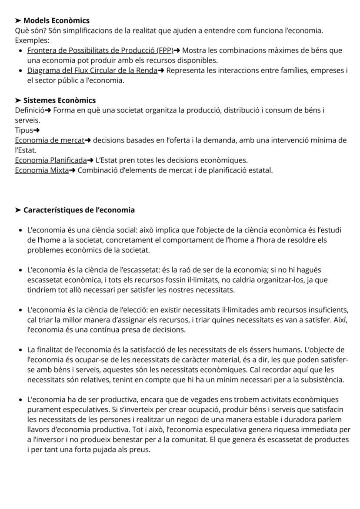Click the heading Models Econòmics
click(56, 20)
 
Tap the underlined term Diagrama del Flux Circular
click(92, 70)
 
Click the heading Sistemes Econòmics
click(59, 100)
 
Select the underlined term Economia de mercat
click(49, 140)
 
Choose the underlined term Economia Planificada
click(51, 160)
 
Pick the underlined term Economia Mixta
click(42, 170)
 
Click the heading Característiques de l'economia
click(79, 210)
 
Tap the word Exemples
click(32, 40)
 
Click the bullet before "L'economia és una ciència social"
click(20, 230)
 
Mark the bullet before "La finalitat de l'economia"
click(20, 349)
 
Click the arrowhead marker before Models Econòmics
click(18, 20)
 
